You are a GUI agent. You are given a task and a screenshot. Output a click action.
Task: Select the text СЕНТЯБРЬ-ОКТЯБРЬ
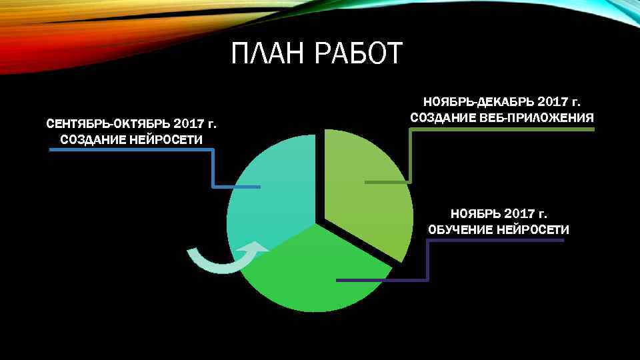point(107,124)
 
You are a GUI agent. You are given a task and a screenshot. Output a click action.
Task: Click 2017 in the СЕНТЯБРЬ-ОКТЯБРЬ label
point(189,124)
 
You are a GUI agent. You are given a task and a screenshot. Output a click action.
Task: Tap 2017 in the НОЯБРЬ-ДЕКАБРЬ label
point(549,102)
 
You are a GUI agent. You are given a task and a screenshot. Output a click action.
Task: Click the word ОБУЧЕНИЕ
point(460,229)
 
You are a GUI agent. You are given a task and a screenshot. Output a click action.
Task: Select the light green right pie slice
point(370,200)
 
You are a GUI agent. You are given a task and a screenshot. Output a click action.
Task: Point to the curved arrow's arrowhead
point(257,248)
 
